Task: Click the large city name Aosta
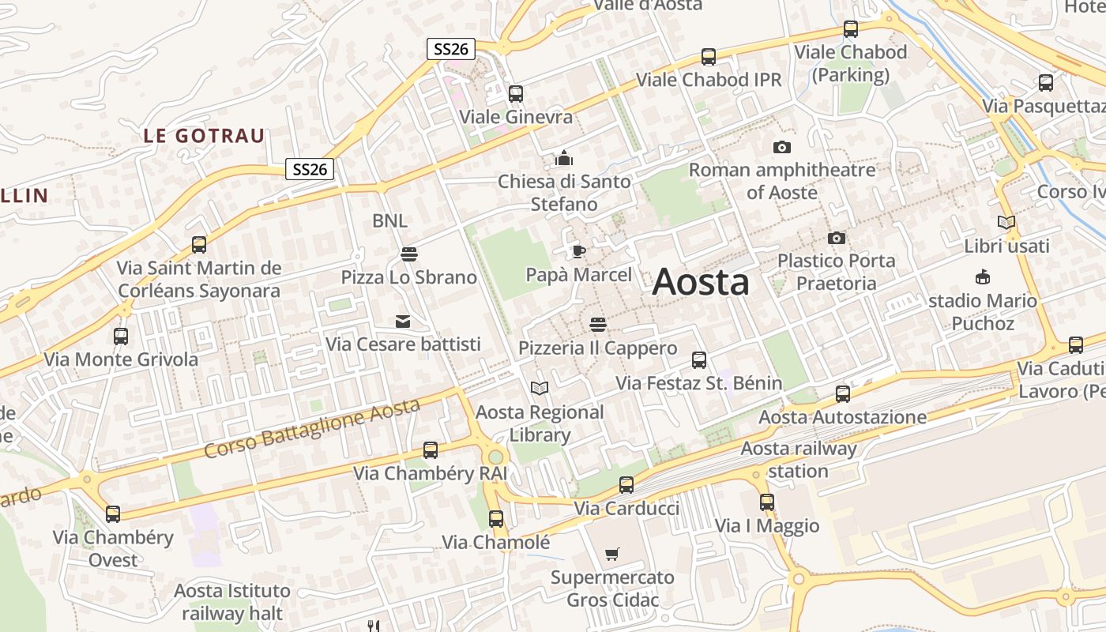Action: [701, 282]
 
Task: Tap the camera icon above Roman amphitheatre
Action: [782, 147]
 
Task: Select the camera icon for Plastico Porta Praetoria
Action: [837, 238]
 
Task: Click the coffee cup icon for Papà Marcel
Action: [578, 252]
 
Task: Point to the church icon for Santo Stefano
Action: [563, 158]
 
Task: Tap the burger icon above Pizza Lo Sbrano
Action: [408, 254]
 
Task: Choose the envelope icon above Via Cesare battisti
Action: [403, 321]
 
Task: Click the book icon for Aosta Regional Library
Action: [540, 388]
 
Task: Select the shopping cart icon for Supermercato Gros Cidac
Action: [612, 554]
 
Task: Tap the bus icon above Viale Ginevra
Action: [516, 94]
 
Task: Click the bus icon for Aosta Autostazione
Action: [843, 393]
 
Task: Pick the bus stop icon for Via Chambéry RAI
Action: [431, 450]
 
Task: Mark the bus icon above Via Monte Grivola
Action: [121, 337]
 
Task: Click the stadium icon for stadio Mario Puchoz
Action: [983, 277]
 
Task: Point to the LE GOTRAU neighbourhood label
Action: [204, 136]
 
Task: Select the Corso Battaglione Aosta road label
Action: [312, 429]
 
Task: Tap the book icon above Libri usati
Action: [1006, 223]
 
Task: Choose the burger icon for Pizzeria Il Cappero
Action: [598, 325]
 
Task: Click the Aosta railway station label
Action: [799, 460]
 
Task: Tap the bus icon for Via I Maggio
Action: [767, 502]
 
